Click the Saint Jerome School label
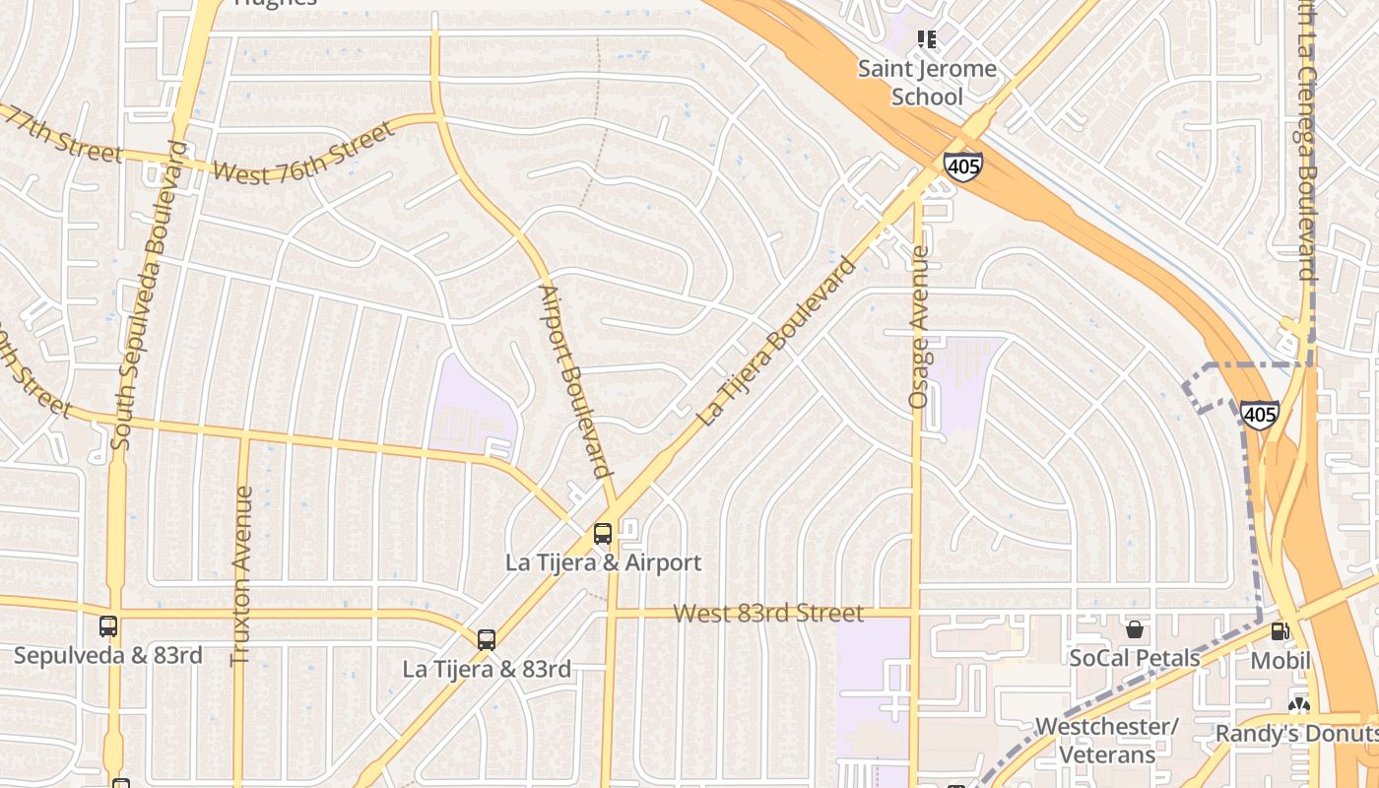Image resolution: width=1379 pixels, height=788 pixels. pos(927,83)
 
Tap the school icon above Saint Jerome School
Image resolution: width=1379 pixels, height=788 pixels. pos(927,39)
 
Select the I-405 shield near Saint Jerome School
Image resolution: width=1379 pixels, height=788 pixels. pos(961,165)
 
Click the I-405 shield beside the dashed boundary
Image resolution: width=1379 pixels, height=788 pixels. pos(1259,414)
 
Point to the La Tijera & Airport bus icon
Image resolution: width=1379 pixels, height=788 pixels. pos(603,534)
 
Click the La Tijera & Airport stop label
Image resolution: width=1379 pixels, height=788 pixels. pos(603,562)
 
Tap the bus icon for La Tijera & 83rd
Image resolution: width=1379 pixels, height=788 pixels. pos(487,639)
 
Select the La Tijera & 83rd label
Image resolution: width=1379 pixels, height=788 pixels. pos(487,669)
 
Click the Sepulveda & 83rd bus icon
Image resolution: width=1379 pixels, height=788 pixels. pos(108,626)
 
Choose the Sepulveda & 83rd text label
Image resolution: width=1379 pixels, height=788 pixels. pos(108,655)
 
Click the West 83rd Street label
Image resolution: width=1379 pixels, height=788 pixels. pos(768,613)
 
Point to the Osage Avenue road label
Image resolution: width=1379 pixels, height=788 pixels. pos(919,327)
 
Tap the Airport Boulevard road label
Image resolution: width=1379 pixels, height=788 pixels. pos(575,381)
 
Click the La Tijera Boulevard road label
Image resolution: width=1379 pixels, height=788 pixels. pos(776,341)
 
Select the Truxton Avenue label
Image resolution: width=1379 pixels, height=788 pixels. pos(241,575)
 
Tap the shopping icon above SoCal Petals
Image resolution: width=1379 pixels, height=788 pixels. pos(1135,629)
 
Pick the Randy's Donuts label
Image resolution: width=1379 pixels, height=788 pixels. pos(1295,733)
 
